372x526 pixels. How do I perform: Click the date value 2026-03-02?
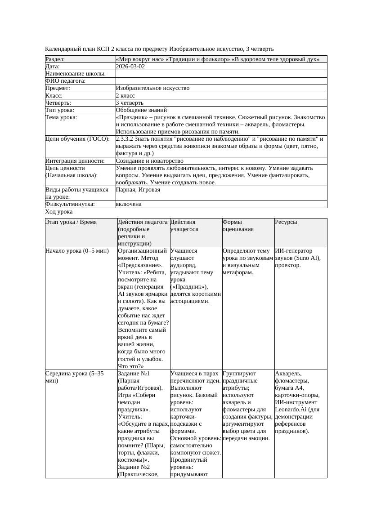(x=130, y=66)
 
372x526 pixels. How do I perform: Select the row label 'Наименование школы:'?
(x=76, y=73)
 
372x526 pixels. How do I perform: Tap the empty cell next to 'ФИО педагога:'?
(x=221, y=81)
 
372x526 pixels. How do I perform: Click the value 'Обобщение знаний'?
(x=141, y=110)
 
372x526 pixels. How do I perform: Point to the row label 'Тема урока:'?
(x=61, y=117)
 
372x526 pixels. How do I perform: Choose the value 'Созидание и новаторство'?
(x=149, y=160)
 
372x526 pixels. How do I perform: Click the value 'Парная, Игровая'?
(x=138, y=190)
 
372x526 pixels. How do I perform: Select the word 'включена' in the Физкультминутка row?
(x=129, y=204)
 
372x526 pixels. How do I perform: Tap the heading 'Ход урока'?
(x=59, y=212)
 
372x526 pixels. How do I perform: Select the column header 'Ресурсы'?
(x=286, y=222)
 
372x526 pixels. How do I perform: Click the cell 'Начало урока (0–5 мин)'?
(x=77, y=251)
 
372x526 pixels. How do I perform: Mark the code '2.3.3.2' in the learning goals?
(x=125, y=139)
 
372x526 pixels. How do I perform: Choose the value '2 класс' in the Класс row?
(x=125, y=95)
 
